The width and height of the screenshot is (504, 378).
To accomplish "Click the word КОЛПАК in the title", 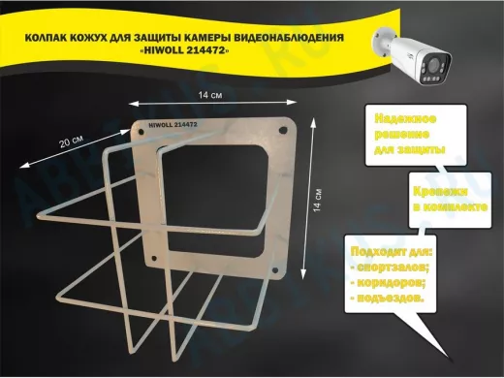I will (x=47, y=39).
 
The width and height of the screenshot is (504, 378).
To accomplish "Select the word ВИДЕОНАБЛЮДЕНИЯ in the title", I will (x=307, y=39).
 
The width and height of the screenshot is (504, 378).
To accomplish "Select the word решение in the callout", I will (x=404, y=134).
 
